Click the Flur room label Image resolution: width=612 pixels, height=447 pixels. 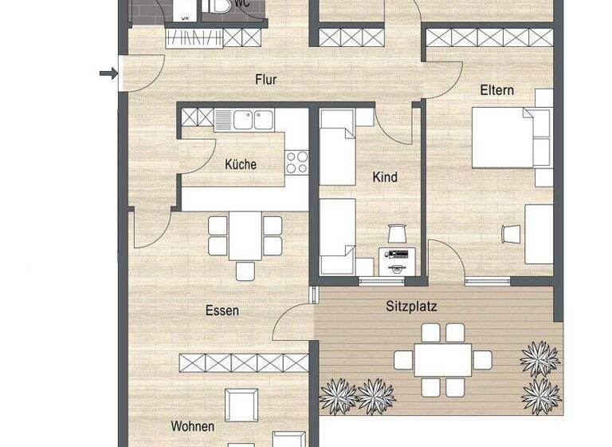tap(265, 79)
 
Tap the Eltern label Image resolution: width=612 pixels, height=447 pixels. tap(496, 91)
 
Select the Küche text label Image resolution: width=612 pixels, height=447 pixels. tap(241, 164)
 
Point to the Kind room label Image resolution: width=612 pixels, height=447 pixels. tap(385, 177)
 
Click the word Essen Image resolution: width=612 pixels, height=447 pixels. tap(222, 311)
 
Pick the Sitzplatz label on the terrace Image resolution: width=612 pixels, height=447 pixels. tap(411, 306)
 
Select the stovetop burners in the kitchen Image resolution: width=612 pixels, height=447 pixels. tap(296, 162)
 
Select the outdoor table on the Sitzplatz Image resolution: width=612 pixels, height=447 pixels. tap(442, 360)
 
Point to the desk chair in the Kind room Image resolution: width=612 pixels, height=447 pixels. tap(397, 232)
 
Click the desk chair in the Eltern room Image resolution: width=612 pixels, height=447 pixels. tap(511, 233)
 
